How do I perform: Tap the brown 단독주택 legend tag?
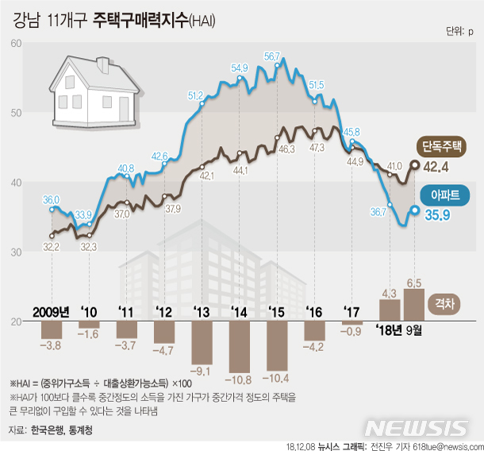click(x=443, y=146)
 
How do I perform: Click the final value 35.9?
click(x=436, y=214)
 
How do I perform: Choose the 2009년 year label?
click(x=52, y=310)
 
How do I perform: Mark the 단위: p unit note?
click(x=459, y=33)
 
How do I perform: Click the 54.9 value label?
click(x=240, y=68)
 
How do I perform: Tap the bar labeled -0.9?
click(x=351, y=323)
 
